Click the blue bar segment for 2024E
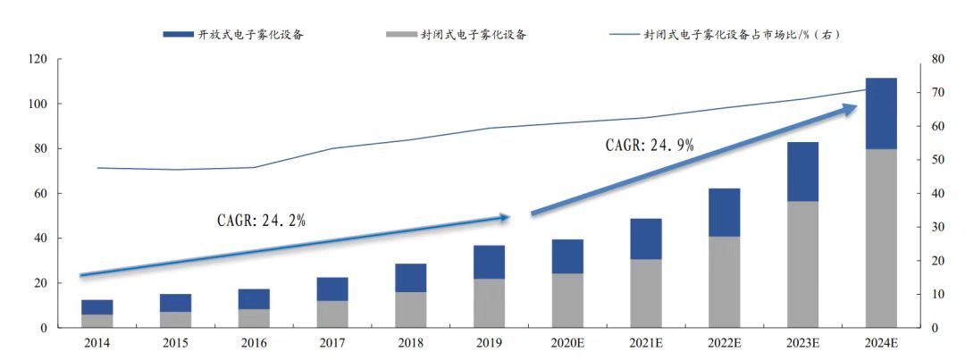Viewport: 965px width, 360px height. click(881, 113)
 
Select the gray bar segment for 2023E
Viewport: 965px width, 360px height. click(802, 264)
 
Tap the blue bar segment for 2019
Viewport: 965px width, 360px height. click(489, 262)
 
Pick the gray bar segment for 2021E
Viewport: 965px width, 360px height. click(645, 293)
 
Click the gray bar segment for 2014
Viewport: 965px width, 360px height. click(96, 321)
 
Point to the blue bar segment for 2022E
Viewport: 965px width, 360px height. click(724, 213)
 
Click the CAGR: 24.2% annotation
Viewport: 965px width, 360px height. click(261, 221)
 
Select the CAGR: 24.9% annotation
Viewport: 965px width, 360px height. click(649, 145)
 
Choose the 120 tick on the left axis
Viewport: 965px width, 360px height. click(38, 59)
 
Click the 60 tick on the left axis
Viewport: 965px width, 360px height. click(41, 194)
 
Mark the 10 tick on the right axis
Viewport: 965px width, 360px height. click(933, 295)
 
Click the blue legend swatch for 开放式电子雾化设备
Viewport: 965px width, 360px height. click(178, 34)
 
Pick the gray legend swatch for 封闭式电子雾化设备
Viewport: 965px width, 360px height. click(400, 34)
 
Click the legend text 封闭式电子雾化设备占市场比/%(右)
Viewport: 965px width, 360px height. click(742, 34)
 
